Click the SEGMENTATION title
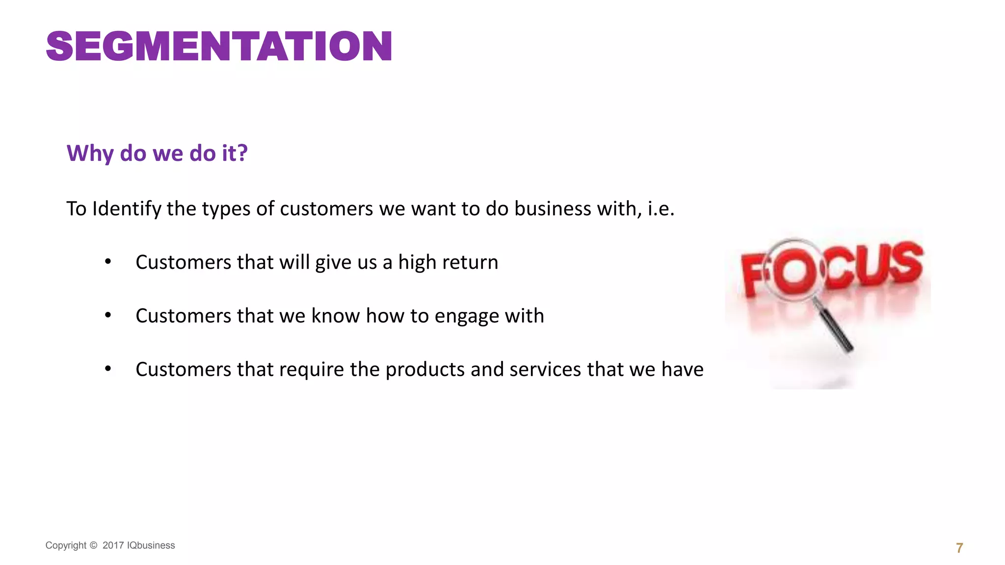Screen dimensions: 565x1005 pos(219,47)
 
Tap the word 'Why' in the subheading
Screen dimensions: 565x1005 pos(90,154)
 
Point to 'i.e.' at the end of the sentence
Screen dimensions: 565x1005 pos(661,209)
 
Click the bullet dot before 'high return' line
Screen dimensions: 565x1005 pos(108,261)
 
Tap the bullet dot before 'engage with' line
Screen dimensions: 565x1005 pos(108,315)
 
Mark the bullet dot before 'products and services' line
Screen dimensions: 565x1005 pos(108,368)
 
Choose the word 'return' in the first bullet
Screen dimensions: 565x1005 pos(473,262)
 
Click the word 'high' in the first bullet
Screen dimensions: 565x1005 pos(417,262)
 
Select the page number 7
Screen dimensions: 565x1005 pos(959,548)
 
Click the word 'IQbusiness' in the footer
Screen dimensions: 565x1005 pos(151,545)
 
